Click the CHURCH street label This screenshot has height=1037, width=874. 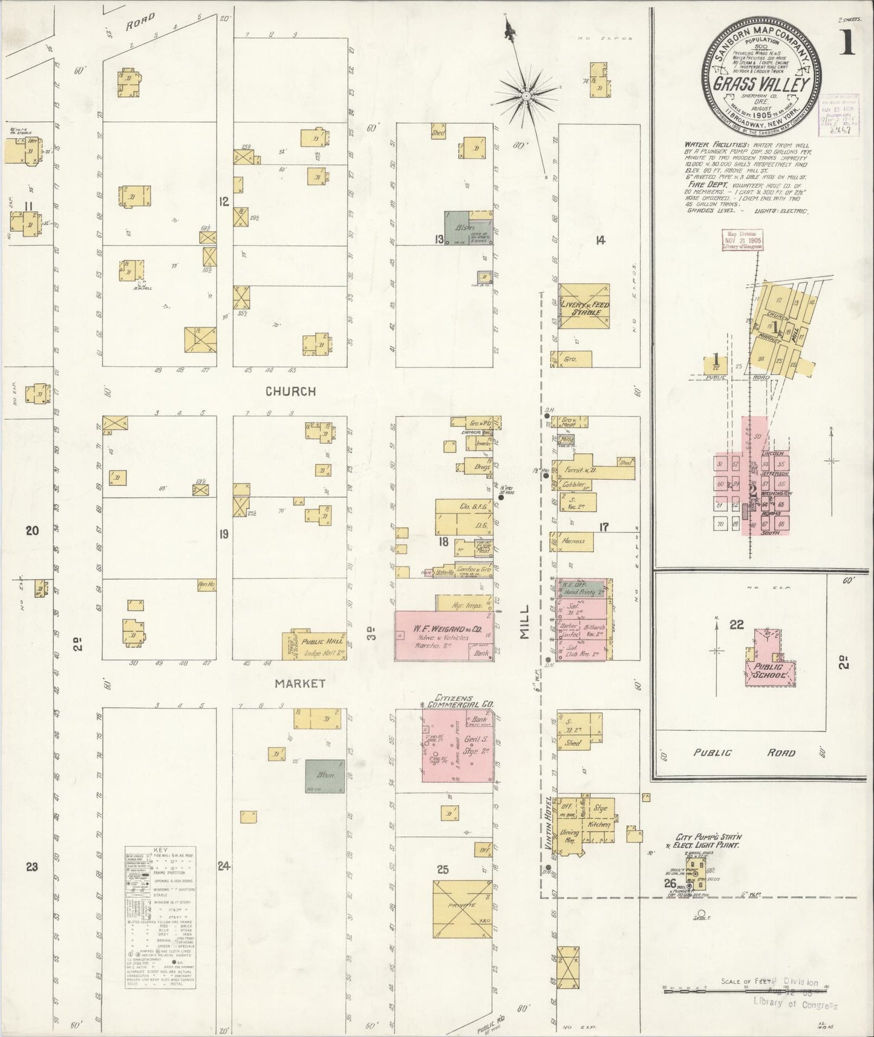[x=291, y=391]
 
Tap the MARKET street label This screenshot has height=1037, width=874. [x=300, y=684]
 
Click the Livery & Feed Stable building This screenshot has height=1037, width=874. [x=584, y=307]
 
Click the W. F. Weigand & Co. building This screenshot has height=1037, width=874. [x=445, y=635]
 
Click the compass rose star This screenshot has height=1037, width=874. [x=527, y=95]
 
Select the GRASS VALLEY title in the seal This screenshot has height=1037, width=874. [x=762, y=83]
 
